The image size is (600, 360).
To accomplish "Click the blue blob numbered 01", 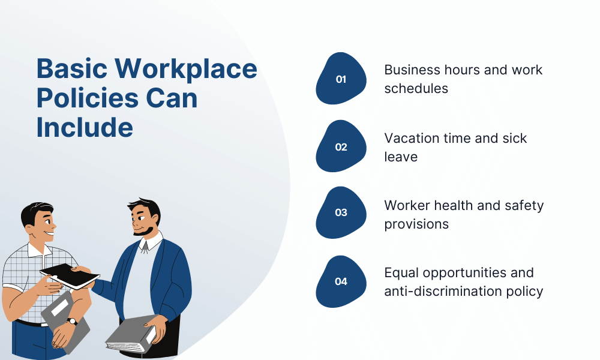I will click(341, 79).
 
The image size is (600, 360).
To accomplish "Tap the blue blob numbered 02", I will click(341, 146).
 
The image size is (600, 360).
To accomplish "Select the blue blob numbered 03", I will click(341, 212).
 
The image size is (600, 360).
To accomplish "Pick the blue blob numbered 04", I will click(341, 281).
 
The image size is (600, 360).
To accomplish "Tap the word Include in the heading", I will click(85, 127).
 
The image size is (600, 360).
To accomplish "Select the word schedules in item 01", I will click(416, 88).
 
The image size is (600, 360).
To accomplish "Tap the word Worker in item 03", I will click(406, 205).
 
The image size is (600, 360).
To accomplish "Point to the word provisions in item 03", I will click(416, 224).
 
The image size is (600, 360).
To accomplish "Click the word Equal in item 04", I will click(401, 273).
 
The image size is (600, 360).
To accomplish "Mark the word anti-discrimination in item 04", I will click(444, 292).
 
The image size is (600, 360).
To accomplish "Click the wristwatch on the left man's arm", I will click(72, 322).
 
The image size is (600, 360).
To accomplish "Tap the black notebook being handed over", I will click(70, 276).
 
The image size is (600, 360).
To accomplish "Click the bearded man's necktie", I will click(145, 247).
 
